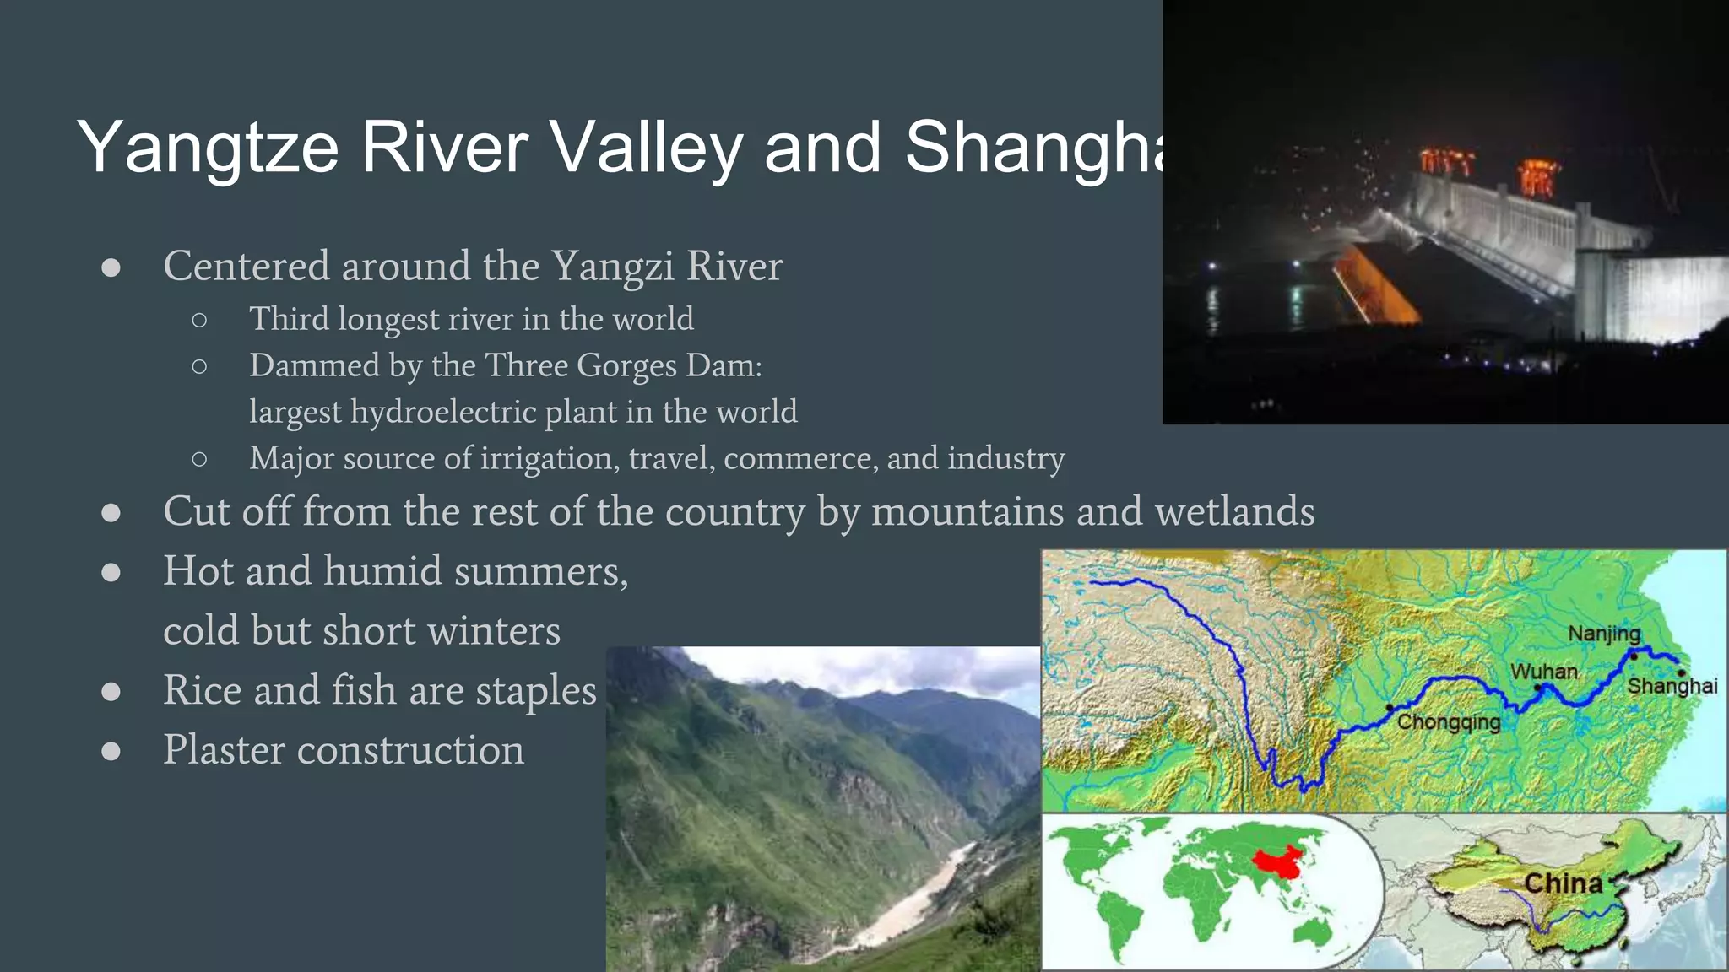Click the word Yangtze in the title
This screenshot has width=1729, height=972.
(208, 148)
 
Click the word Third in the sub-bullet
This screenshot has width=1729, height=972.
(289, 319)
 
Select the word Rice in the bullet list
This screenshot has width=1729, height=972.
(203, 690)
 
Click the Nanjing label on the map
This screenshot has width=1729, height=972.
(1603, 634)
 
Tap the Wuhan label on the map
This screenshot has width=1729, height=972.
(1543, 672)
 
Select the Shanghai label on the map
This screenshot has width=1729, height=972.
(1672, 687)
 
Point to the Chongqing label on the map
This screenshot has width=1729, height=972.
(1449, 722)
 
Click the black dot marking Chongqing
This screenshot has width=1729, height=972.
(1390, 707)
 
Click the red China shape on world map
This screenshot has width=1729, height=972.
(1276, 863)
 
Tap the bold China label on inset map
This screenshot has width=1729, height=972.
(1563, 883)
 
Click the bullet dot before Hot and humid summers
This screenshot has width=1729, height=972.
(111, 572)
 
